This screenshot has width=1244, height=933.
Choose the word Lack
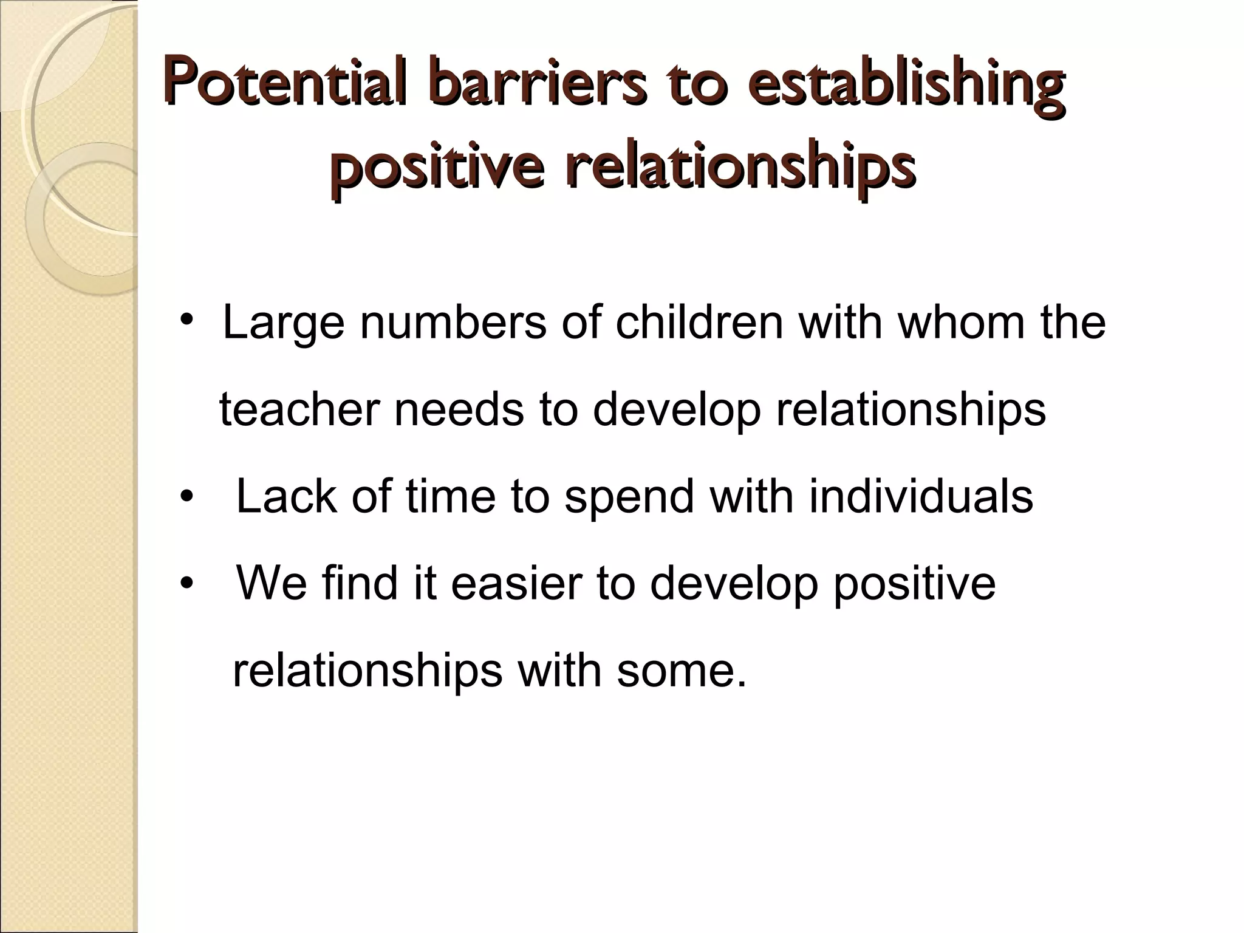[286, 496]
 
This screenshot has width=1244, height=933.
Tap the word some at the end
[680, 671]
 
